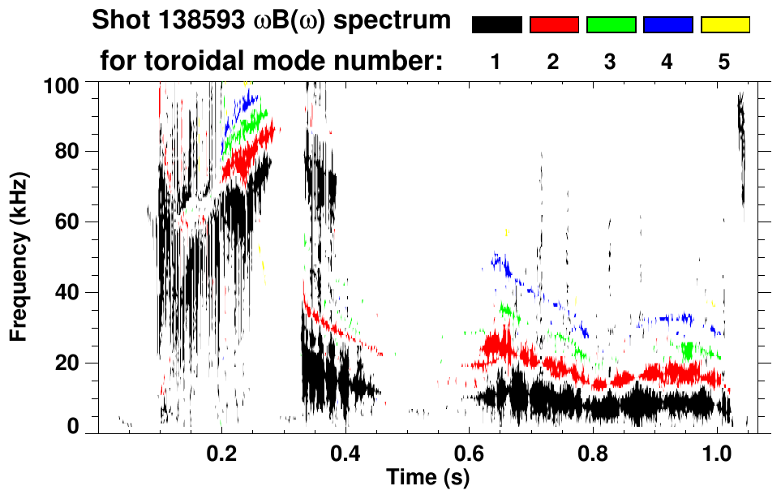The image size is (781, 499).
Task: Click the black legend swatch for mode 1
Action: [x=496, y=25]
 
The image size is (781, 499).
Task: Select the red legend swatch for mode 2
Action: [x=554, y=25]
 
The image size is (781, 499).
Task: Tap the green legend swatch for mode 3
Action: [x=611, y=25]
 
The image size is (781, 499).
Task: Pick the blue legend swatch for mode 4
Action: [x=667, y=25]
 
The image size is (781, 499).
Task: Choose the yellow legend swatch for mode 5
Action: [x=724, y=25]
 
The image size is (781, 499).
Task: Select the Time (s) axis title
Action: [x=427, y=477]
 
